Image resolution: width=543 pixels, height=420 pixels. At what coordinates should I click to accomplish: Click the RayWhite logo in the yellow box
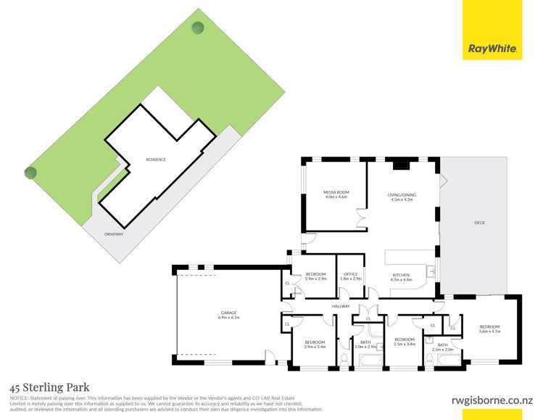493,49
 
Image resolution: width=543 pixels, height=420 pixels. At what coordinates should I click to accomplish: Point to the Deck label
479,222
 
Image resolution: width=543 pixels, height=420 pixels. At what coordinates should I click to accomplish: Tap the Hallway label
341,306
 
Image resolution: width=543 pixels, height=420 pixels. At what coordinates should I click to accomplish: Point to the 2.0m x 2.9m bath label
365,344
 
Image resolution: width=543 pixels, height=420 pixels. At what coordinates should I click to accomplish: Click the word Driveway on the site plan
114,234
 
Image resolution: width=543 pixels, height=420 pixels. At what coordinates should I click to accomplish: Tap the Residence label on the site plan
156,160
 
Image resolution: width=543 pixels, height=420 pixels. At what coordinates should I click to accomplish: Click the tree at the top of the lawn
197,28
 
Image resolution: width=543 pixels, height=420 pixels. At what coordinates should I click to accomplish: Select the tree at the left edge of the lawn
30,172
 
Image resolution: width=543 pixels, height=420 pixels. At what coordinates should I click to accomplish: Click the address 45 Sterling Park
49,388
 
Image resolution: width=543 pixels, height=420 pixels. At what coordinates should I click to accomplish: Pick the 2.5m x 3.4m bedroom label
404,341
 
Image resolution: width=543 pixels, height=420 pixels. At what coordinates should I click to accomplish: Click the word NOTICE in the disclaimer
17,399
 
